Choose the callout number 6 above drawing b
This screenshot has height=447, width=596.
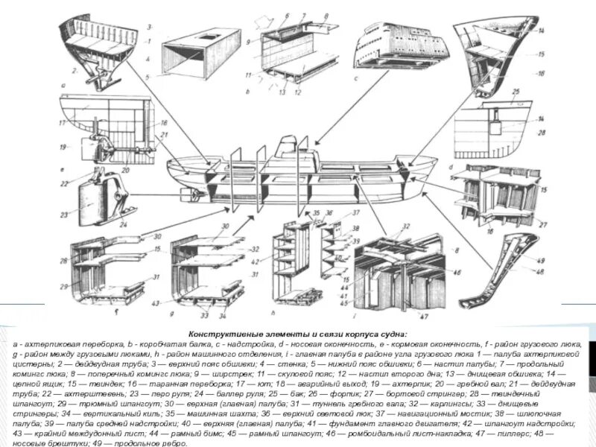coord(287,15)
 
